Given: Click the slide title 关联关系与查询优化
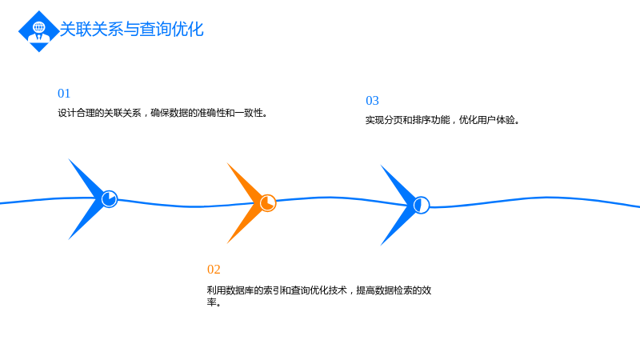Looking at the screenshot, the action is tap(131, 30).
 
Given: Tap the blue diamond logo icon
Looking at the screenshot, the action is tap(38, 31).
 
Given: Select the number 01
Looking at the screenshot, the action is tap(64, 94).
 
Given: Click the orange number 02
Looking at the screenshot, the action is tap(214, 270).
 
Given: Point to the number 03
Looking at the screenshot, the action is tap(372, 101).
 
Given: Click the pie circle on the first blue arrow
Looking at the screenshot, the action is tap(110, 199).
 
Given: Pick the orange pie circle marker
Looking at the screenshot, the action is tap(268, 203).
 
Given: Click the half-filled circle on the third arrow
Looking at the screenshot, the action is tap(422, 205).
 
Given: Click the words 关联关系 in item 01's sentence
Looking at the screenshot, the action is tap(122, 113).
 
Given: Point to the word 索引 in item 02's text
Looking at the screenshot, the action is tap(273, 290).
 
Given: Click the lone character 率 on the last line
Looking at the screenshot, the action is tap(211, 302).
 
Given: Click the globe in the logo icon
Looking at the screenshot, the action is tap(38, 27).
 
